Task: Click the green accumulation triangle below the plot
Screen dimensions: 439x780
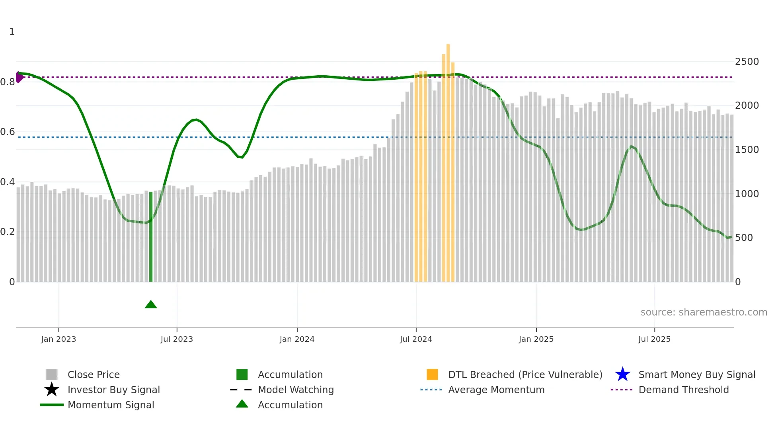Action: [151, 305]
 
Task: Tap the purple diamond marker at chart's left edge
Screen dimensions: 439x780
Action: [19, 77]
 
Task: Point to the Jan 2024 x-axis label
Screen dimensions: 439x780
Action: [297, 339]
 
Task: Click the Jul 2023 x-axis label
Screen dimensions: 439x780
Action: [177, 339]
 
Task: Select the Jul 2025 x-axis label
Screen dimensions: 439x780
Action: [654, 339]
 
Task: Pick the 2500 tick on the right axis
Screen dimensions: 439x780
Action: [747, 62]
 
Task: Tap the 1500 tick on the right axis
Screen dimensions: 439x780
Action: [747, 150]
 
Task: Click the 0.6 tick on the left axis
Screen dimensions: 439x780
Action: [8, 132]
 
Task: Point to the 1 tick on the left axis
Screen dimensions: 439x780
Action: [12, 32]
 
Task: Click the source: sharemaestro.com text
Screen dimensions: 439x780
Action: [704, 312]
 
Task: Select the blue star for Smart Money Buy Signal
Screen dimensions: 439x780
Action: [622, 374]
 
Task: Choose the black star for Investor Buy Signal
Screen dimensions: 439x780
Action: [52, 390]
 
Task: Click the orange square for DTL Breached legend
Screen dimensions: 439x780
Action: [432, 374]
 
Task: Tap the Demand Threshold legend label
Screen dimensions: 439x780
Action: [683, 390]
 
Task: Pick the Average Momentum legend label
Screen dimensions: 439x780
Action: [496, 390]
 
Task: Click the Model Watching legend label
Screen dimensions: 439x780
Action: [296, 390]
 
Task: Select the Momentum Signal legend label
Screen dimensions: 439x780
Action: [111, 405]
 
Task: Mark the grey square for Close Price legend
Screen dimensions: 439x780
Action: [52, 374]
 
